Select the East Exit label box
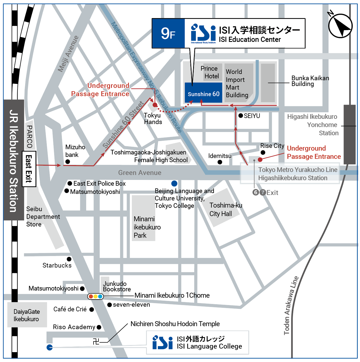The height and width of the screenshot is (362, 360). (x=29, y=169)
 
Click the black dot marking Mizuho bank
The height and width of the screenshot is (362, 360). (x=68, y=162)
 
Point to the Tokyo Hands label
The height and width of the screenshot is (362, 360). (x=153, y=119)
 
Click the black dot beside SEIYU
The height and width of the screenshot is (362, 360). (x=241, y=116)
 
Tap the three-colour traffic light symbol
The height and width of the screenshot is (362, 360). (x=95, y=296)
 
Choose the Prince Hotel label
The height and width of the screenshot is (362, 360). (x=210, y=72)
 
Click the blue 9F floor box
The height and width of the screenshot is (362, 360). (x=168, y=33)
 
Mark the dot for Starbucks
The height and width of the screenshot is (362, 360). (x=69, y=259)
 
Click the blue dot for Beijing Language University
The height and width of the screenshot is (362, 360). (x=174, y=183)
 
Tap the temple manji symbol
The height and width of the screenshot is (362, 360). (x=96, y=341)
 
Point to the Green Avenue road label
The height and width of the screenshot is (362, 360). (x=140, y=173)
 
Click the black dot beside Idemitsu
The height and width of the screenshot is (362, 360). (x=220, y=162)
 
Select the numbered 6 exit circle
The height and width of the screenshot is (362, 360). (x=256, y=192)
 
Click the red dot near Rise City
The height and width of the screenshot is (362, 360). (x=260, y=159)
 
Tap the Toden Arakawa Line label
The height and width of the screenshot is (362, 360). (x=291, y=305)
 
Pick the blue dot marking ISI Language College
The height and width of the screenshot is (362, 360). (x=50, y=347)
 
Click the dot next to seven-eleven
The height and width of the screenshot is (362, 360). (x=109, y=305)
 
